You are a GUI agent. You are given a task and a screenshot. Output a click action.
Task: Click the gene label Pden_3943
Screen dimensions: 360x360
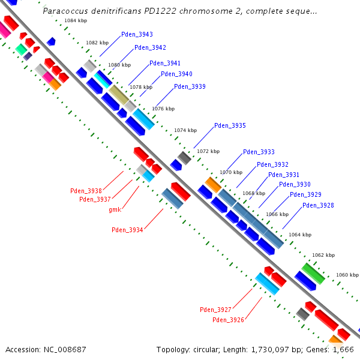(137, 34)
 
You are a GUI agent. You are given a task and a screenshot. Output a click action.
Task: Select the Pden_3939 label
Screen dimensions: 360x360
(190, 87)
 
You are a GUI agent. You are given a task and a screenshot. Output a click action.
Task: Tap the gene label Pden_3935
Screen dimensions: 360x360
(230, 126)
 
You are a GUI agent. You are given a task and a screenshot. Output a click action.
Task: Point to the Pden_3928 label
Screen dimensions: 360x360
(318, 206)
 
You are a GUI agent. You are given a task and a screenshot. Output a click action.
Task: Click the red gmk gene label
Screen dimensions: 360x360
(115, 209)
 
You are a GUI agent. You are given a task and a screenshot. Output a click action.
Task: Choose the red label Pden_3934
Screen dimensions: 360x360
(127, 230)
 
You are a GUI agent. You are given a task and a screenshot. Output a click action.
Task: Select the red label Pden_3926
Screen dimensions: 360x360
(228, 320)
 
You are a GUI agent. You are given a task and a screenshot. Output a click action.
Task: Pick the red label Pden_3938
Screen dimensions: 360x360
(86, 191)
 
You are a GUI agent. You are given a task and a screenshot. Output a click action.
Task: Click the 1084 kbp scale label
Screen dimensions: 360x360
(75, 21)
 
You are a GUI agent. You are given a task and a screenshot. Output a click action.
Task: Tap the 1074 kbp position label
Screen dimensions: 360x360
(185, 130)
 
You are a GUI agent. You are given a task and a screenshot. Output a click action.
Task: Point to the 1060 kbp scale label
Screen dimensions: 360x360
(347, 275)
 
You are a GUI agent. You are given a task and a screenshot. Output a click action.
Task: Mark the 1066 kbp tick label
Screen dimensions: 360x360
(277, 214)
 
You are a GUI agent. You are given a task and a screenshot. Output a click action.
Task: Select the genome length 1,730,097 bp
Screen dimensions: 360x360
(271, 349)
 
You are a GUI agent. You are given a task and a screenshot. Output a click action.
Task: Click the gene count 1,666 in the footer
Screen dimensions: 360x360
(343, 349)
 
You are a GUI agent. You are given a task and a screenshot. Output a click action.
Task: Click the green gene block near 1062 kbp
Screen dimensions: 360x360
(313, 273)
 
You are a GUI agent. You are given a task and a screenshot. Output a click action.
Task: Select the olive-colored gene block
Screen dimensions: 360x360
(118, 95)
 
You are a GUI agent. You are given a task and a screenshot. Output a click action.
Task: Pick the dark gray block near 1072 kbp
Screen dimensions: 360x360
(184, 158)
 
